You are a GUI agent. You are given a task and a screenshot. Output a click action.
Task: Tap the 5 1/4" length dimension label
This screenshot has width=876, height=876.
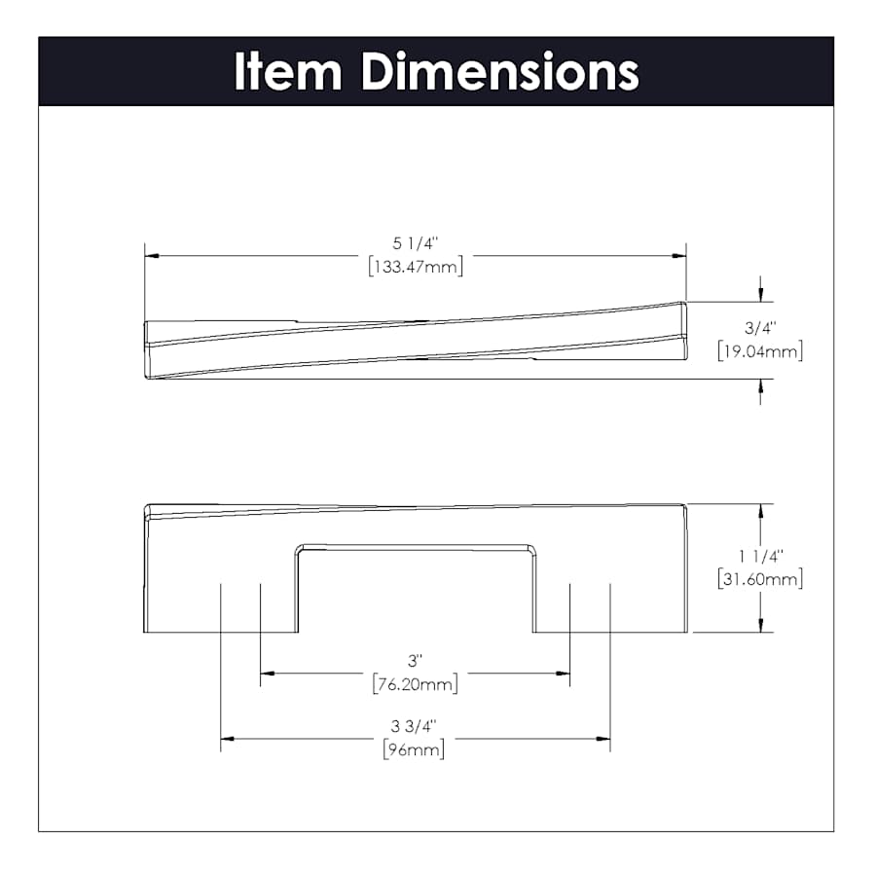click(416, 243)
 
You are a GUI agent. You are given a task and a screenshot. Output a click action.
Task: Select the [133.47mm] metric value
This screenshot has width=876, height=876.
click(416, 267)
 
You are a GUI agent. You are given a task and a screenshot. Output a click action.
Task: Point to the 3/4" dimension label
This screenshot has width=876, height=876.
click(760, 328)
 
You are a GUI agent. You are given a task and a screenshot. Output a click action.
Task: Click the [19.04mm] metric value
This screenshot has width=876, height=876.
click(760, 351)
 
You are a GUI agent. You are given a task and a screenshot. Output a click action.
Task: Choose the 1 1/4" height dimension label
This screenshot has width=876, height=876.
click(760, 556)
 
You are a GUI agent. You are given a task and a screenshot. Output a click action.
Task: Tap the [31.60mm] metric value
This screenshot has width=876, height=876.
click(760, 579)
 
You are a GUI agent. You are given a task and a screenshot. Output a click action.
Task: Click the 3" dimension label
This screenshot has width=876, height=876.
click(415, 661)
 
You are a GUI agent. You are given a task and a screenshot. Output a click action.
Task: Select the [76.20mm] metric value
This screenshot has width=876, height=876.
click(415, 684)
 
